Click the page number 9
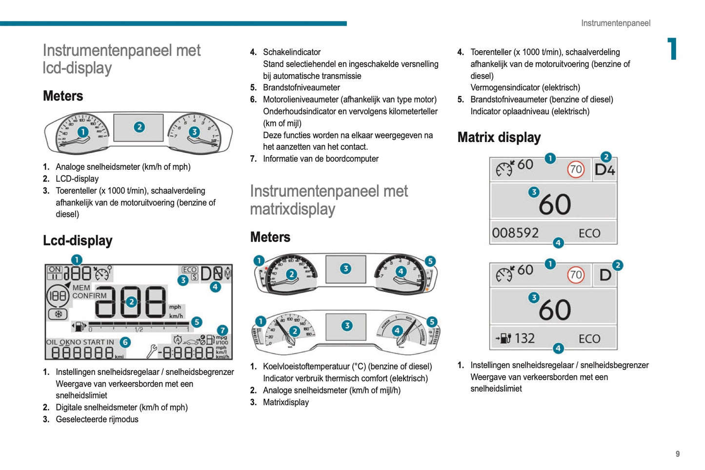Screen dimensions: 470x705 tap(677, 454)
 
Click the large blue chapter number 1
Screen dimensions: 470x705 tap(672, 49)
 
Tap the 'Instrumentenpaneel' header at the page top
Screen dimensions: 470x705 tap(615, 23)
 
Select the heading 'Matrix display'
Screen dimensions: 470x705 tap(499, 138)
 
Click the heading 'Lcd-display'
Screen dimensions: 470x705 tap(78, 241)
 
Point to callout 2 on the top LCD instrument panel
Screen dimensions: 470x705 tap(139, 127)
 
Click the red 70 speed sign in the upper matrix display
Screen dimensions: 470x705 tap(576, 169)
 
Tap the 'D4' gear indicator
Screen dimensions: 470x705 tap(604, 170)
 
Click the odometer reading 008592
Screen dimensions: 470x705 tap(515, 233)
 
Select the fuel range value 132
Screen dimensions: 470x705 tap(524, 338)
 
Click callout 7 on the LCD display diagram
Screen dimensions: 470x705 tap(222, 330)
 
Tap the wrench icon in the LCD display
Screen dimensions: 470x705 tap(152, 351)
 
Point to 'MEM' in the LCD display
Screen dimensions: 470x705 tap(81, 288)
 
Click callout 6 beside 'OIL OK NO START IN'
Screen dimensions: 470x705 tap(125, 342)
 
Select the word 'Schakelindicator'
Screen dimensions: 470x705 tap(292, 52)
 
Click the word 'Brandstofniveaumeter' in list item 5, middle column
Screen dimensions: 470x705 tap(301, 88)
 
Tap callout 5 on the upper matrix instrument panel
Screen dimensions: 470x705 tap(430, 261)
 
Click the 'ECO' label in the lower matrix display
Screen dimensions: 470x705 tap(589, 339)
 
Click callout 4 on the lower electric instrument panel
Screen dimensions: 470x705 tap(397, 330)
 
